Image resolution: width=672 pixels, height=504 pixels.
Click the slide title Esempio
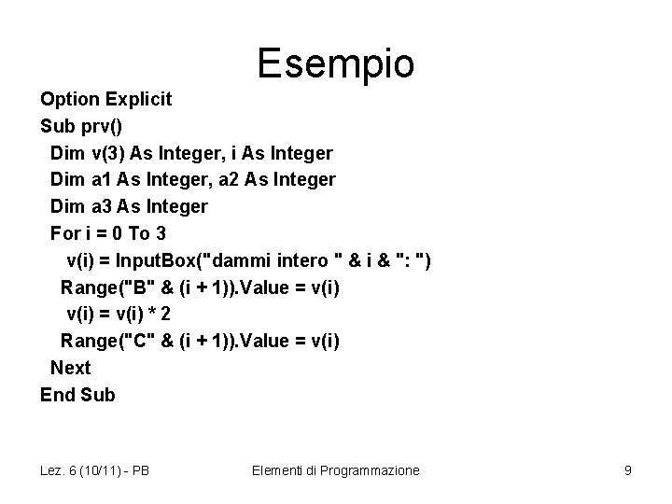[335, 63]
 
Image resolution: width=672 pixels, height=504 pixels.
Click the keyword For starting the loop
[65, 232]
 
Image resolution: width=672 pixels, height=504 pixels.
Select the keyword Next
[70, 368]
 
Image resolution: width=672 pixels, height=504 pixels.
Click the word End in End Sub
[58, 395]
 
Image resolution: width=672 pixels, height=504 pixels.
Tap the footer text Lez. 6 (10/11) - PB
[94, 470]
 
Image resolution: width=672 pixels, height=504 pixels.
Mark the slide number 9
[627, 470]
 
